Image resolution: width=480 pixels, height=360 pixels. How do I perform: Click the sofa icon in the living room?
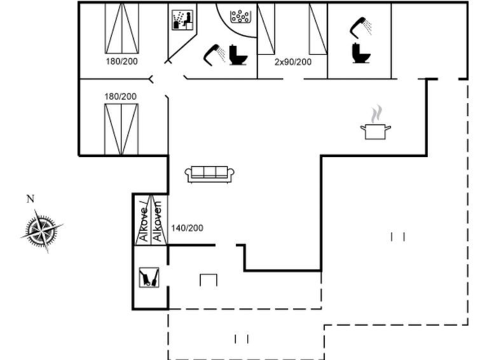click(x=209, y=174)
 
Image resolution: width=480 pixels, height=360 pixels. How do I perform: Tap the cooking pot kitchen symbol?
click(x=375, y=132)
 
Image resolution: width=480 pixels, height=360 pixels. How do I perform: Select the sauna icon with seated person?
click(x=182, y=20)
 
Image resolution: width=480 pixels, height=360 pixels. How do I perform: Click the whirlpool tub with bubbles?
click(x=240, y=17)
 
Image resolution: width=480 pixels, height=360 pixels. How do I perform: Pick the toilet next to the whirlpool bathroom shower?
click(x=238, y=55)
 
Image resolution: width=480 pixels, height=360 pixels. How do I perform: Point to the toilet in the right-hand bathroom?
click(x=360, y=53)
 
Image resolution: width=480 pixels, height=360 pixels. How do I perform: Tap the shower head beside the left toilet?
click(x=215, y=55)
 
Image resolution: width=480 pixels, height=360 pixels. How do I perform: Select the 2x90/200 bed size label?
click(x=292, y=62)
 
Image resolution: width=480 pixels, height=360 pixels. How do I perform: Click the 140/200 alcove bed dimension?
click(x=187, y=228)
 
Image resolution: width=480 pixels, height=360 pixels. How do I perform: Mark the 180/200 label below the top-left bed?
click(x=121, y=61)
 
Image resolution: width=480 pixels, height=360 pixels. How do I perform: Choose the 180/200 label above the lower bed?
click(x=120, y=97)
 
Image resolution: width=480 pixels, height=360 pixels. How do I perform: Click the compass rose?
click(x=42, y=230)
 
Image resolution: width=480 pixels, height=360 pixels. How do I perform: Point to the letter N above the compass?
click(x=31, y=199)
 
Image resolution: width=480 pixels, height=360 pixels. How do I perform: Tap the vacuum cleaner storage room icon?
click(x=149, y=277)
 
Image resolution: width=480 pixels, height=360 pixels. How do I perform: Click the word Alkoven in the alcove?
click(x=157, y=221)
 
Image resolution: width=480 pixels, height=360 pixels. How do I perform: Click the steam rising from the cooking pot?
click(x=376, y=114)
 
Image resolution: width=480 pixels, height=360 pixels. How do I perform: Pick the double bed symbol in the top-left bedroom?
click(x=122, y=28)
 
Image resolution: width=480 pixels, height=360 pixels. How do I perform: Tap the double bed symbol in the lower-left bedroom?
click(x=121, y=129)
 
